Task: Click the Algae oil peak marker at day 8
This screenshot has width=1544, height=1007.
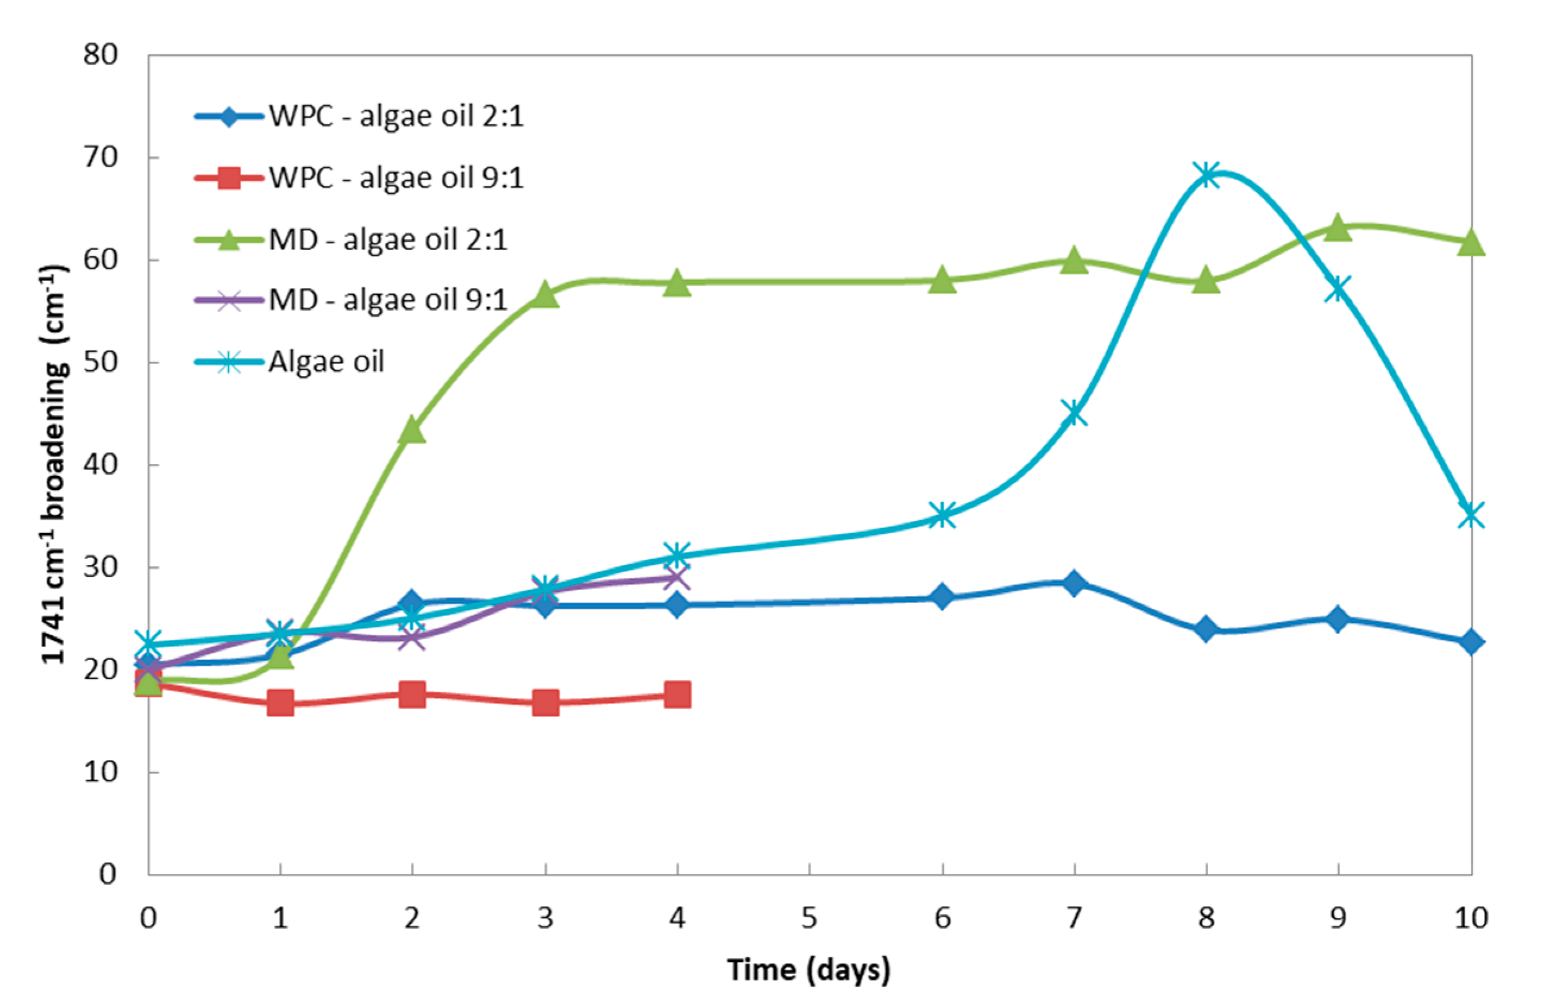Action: pos(1206,175)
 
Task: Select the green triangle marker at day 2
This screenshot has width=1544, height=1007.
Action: pos(412,430)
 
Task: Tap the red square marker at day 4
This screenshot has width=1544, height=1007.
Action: pos(677,695)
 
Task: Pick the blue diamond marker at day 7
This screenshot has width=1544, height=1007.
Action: pos(1074,583)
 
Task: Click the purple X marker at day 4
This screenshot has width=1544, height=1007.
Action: pos(677,577)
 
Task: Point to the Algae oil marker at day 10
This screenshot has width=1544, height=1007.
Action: pos(1471,516)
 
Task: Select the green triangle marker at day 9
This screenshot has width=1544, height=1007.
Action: pos(1338,228)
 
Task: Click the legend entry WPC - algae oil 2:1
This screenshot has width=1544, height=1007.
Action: pos(396,116)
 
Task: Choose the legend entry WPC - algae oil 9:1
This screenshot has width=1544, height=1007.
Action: pos(396,178)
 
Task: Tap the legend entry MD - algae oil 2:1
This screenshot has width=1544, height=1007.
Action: pos(387,239)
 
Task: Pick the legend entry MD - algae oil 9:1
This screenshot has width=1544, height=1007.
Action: pos(387,299)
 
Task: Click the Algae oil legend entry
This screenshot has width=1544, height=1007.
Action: pos(326,361)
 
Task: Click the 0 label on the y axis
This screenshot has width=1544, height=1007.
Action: pos(108,874)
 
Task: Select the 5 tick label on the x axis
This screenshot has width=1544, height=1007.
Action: pos(809,918)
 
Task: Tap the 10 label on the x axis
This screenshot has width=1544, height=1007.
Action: pos(1471,918)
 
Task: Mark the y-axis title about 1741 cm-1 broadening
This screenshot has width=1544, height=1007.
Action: pos(55,463)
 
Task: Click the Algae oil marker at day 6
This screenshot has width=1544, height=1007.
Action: pos(942,516)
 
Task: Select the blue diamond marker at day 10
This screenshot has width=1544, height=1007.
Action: pos(1471,642)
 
